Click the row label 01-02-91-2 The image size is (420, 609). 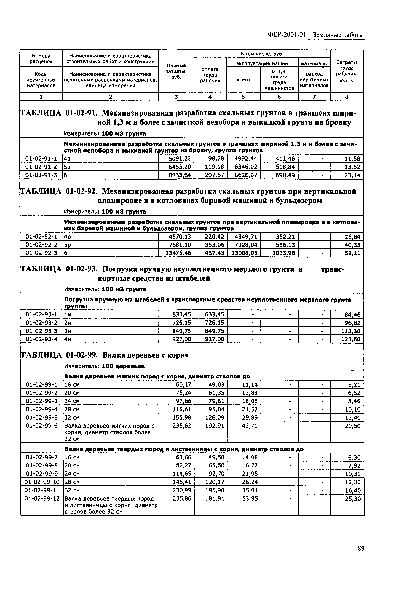pos(41,167)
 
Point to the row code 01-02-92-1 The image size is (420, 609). pos(41,237)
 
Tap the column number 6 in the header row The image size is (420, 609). pos(279,97)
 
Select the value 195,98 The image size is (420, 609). pos(215,490)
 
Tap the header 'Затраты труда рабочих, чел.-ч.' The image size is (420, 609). pos(347,71)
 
